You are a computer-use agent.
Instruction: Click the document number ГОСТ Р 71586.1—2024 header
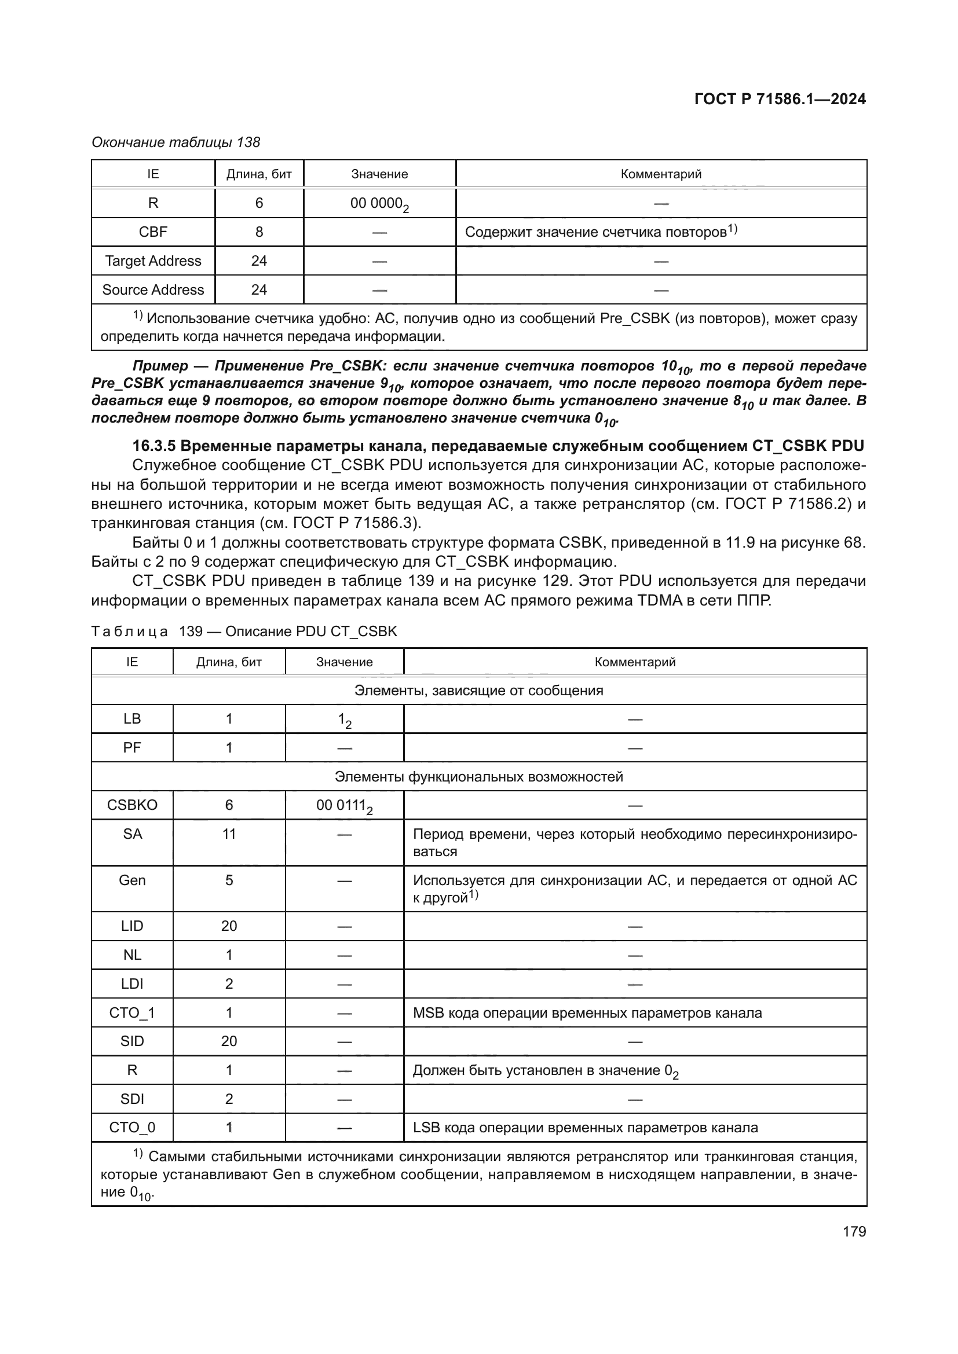pos(780,99)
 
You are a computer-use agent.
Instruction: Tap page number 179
pos(854,1231)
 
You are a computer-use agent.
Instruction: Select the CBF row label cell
pos(153,232)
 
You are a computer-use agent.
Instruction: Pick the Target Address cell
pos(153,260)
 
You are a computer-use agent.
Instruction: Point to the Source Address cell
pos(153,289)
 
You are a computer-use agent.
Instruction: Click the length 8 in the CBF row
pos(259,232)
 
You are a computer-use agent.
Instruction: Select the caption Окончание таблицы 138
pos(176,142)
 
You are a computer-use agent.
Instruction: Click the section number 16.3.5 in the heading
pos(154,446)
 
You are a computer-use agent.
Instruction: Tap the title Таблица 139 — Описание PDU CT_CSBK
pos(244,632)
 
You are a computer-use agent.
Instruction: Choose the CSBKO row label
pos(132,805)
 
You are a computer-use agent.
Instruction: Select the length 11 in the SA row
pos(229,834)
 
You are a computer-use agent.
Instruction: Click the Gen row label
pos(132,880)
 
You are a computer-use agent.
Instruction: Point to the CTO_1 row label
pos(132,1012)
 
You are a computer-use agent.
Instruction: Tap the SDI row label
pos(132,1099)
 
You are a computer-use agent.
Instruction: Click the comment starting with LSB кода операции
pos(585,1128)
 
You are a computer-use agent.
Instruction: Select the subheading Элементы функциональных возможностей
pos(478,777)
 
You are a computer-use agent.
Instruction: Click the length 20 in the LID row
pos(229,926)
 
